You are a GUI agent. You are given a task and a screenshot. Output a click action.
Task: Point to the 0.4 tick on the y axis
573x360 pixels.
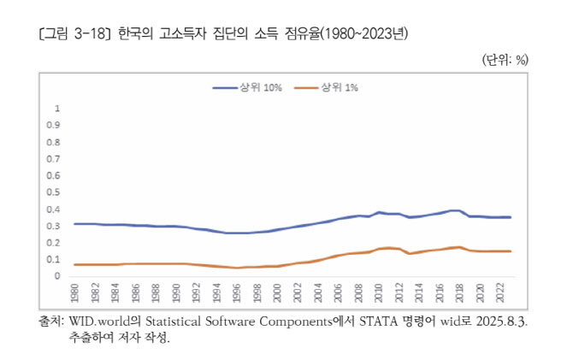tap(56, 210)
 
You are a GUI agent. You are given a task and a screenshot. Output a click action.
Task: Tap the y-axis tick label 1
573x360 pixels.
tap(58, 109)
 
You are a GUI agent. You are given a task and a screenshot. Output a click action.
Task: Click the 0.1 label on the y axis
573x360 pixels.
tap(56, 260)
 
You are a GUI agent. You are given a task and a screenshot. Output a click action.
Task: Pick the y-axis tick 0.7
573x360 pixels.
tap(56, 160)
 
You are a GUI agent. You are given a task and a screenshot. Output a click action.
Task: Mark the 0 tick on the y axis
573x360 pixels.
tap(58, 276)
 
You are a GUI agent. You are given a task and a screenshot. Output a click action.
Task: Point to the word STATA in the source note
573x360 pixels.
tap(369, 322)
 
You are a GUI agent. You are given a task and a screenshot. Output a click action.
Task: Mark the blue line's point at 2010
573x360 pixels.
tap(379, 212)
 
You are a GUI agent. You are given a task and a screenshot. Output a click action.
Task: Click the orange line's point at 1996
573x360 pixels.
tap(238, 268)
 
